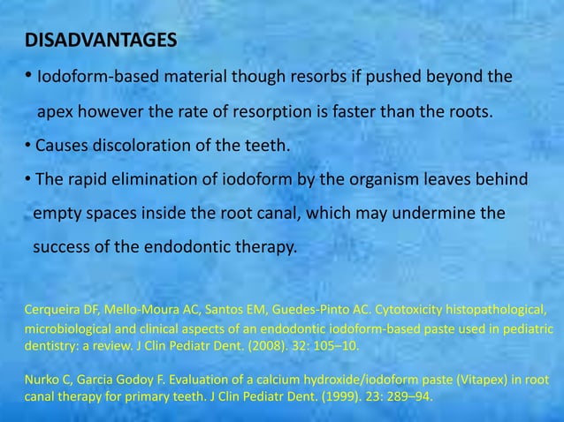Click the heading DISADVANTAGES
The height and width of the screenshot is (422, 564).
(x=100, y=41)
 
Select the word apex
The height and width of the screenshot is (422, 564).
(x=55, y=114)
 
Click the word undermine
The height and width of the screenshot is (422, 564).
(x=434, y=214)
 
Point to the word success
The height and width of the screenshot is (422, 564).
(x=62, y=247)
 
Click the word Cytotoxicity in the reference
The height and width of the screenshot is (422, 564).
(x=415, y=310)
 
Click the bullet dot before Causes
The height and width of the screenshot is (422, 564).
(x=28, y=146)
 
